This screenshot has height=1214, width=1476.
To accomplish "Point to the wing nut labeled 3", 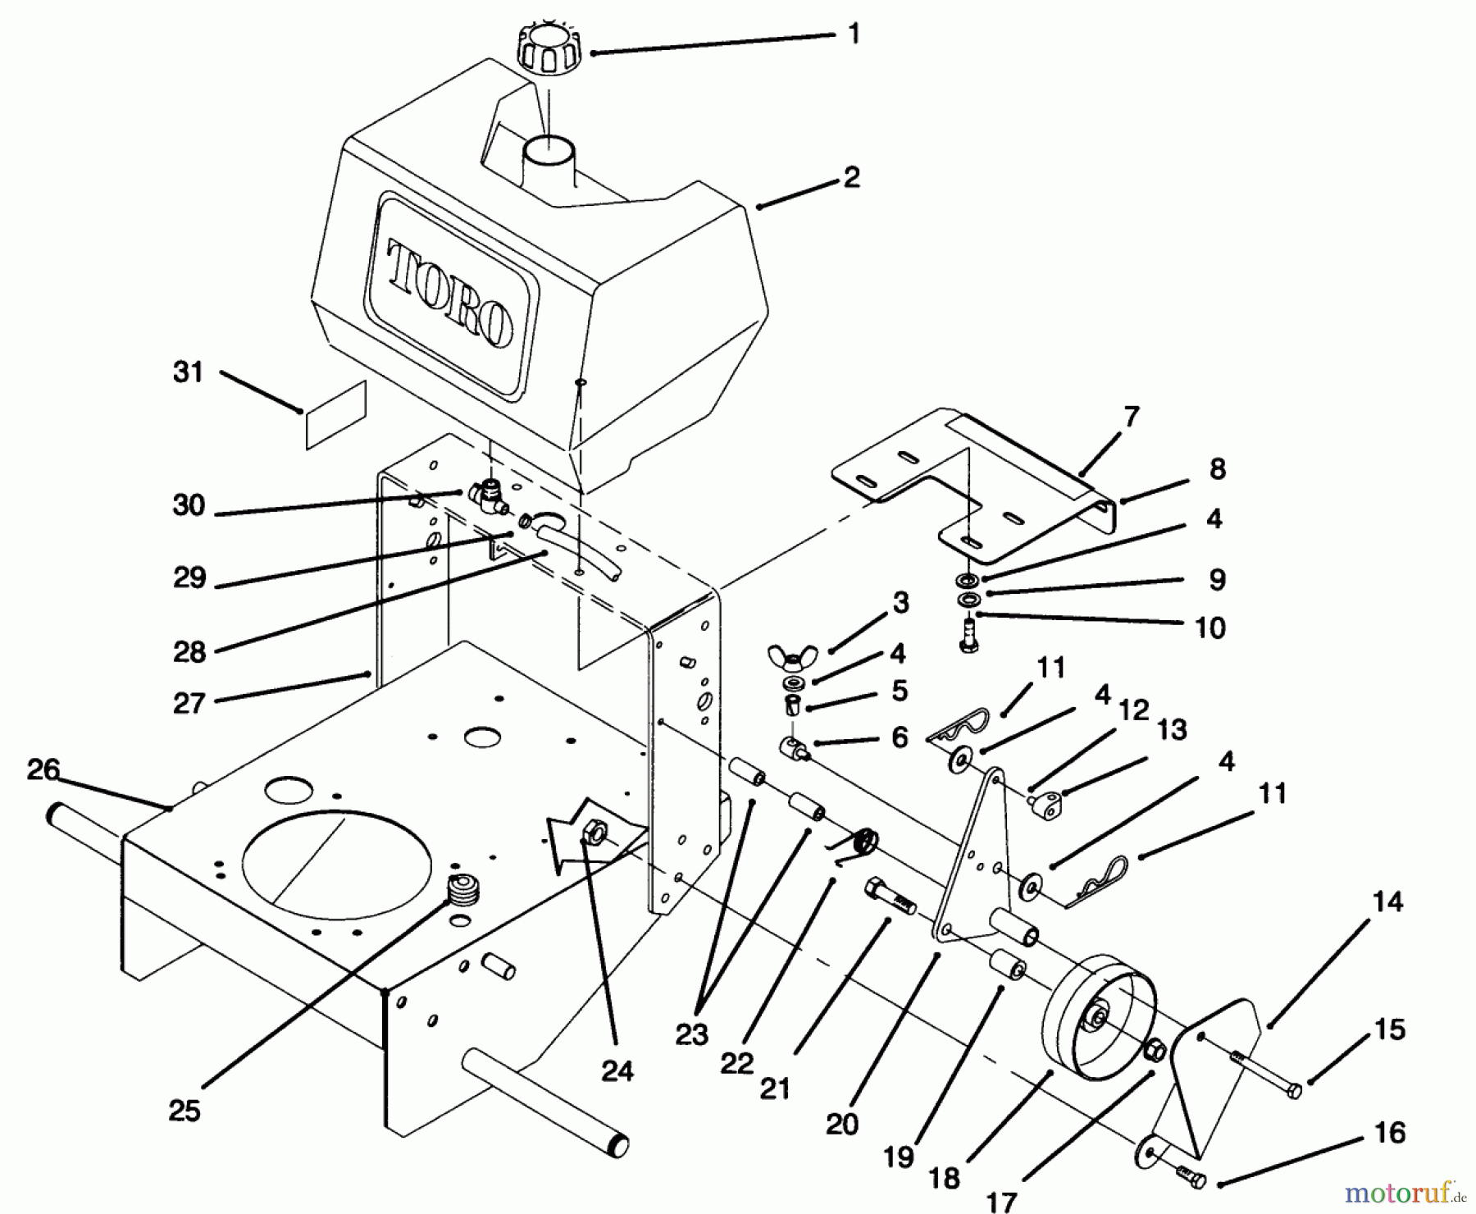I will pyautogui.click(x=791, y=655).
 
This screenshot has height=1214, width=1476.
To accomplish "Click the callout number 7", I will pyautogui.click(x=1131, y=417).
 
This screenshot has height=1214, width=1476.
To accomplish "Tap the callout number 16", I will pyautogui.click(x=1389, y=1133).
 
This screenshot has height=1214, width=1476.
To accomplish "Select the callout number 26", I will pyautogui.click(x=43, y=769).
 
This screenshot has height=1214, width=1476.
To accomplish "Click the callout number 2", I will pyautogui.click(x=851, y=177).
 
